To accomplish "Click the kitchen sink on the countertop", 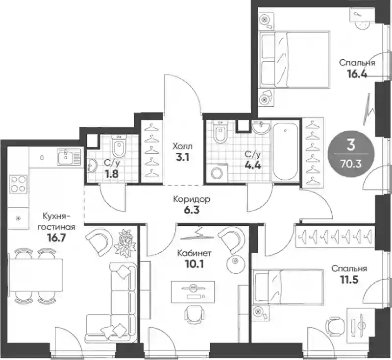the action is click(70, 157).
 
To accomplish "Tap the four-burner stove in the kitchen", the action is click(19, 184).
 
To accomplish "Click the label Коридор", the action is click(192, 199).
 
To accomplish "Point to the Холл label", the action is click(183, 146).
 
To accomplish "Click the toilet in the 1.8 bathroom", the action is click(119, 146).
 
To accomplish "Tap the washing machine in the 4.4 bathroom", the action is click(217, 172).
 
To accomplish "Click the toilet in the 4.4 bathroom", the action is click(220, 132).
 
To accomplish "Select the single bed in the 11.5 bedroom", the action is click(288, 287).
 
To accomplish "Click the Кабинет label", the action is click(194, 253).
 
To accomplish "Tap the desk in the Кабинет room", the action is click(193, 292).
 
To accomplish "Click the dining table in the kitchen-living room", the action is click(36, 275).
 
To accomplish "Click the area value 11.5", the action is click(349, 280).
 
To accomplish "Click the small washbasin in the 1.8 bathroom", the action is click(92, 165).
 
